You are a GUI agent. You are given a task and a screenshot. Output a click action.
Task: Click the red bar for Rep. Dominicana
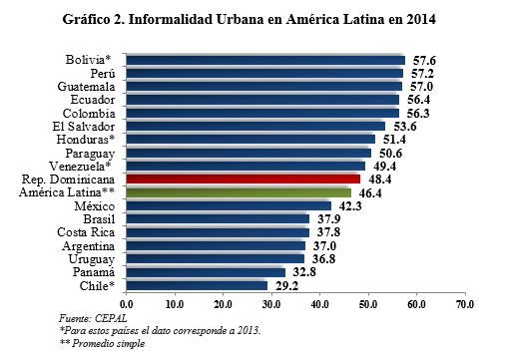coord(244,180)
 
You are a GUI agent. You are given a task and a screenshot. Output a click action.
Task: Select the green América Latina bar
coord(239,192)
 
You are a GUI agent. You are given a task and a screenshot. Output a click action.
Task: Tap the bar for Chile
coord(197,286)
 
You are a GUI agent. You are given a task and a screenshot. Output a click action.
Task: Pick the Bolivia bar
coord(265,60)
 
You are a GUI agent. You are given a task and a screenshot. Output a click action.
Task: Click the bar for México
coord(229,206)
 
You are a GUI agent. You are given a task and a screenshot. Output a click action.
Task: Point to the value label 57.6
coord(424,61)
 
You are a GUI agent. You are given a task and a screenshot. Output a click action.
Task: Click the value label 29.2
coord(286,286)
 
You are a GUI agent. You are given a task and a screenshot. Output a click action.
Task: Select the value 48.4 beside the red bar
coord(380,180)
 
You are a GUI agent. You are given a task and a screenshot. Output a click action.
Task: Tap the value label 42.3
coord(350,206)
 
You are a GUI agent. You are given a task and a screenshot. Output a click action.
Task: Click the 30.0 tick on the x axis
coord(271,304)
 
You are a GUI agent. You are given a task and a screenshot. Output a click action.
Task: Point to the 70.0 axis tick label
coord(465,304)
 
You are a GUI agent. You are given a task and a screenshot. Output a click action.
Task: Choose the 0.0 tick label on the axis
coord(126,304)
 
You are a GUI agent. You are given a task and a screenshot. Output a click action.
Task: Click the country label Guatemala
coord(86,87)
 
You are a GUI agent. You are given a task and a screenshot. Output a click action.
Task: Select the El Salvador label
coord(84,127)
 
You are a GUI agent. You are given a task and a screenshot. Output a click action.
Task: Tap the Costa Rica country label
coord(86,232)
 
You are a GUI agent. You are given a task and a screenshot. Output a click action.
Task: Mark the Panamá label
coord(94,272)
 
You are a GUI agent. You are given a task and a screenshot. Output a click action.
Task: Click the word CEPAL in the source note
coord(111,318)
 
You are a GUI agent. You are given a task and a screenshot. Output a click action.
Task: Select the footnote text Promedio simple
coord(109,343)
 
